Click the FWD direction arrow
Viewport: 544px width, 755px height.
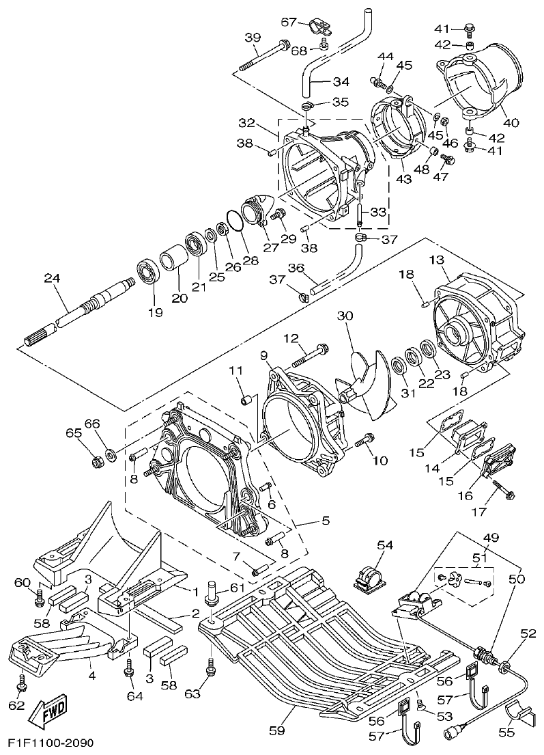(46, 717)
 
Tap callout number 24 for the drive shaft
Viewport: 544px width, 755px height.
(51, 278)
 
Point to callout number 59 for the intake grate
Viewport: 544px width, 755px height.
(276, 730)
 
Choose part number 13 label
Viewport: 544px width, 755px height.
(436, 260)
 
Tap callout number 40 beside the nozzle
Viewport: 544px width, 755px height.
(511, 124)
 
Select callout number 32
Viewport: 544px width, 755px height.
(246, 124)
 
